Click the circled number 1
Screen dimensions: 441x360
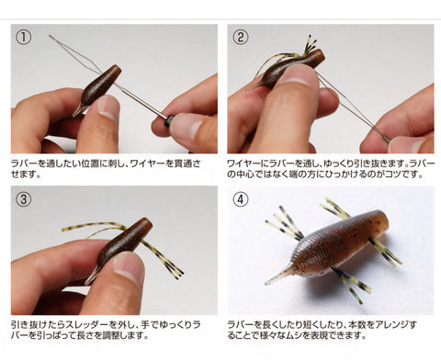click(24, 38)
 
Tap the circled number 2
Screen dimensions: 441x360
click(241, 38)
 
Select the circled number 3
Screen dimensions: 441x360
click(24, 199)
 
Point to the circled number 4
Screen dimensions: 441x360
click(241, 199)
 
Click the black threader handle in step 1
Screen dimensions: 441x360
click(168, 121)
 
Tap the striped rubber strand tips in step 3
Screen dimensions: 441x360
click(177, 271)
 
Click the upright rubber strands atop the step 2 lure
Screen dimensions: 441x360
click(310, 46)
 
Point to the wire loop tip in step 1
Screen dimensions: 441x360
click(50, 36)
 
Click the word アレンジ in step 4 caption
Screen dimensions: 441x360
click(393, 324)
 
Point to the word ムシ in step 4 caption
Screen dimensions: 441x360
click(291, 335)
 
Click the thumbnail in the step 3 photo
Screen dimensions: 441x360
click(128, 267)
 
